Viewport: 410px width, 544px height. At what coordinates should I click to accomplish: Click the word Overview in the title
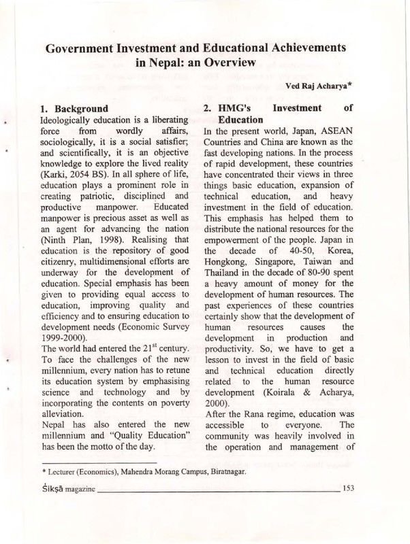pos(227,63)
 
